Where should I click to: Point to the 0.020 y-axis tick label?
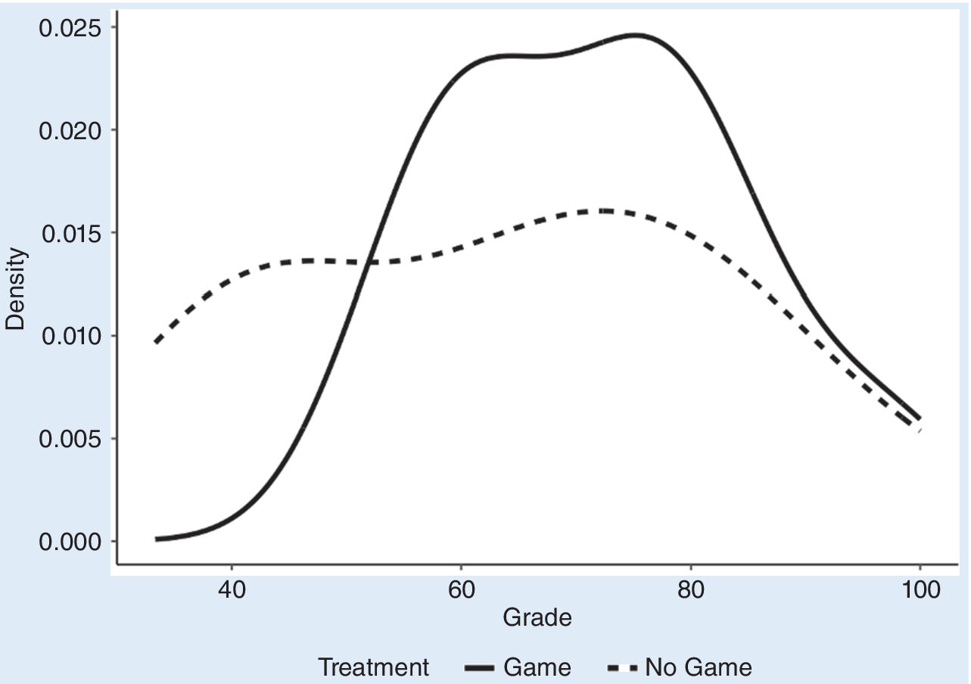70,131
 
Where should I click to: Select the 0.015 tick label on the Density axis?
70,234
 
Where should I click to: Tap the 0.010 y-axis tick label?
70,337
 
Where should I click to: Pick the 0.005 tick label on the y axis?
70,440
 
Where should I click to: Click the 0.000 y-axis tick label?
70,543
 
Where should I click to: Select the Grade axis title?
537,618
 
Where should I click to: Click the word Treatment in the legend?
373,667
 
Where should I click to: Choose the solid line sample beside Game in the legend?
479,668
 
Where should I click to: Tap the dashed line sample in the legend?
622,668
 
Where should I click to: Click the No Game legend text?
698,667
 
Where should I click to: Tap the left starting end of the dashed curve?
156,342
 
